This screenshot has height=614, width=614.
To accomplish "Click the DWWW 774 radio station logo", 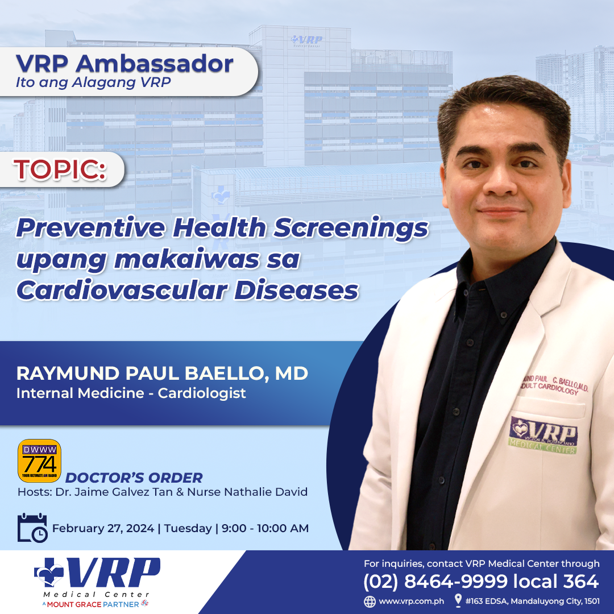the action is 40,460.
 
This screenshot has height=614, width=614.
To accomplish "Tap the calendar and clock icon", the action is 32,528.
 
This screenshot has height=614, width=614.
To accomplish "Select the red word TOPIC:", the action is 60,169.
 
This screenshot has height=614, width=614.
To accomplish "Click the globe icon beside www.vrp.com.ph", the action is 370,601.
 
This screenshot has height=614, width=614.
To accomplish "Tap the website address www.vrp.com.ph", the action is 411,601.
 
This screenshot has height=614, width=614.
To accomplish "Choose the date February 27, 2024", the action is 103,529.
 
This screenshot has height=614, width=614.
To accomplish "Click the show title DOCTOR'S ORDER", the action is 134,478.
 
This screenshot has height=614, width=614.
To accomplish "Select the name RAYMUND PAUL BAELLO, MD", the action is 162,374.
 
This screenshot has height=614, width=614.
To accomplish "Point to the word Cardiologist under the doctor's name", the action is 202,393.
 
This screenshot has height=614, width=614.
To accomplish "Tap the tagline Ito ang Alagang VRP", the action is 93,82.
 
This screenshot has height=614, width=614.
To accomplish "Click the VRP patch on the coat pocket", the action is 544,435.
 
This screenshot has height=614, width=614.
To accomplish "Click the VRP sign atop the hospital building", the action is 306,41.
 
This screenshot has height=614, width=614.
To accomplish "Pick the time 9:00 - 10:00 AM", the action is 265,529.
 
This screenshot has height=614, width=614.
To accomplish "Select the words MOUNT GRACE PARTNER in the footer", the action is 93,604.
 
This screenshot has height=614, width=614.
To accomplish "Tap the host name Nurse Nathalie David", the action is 247,492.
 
